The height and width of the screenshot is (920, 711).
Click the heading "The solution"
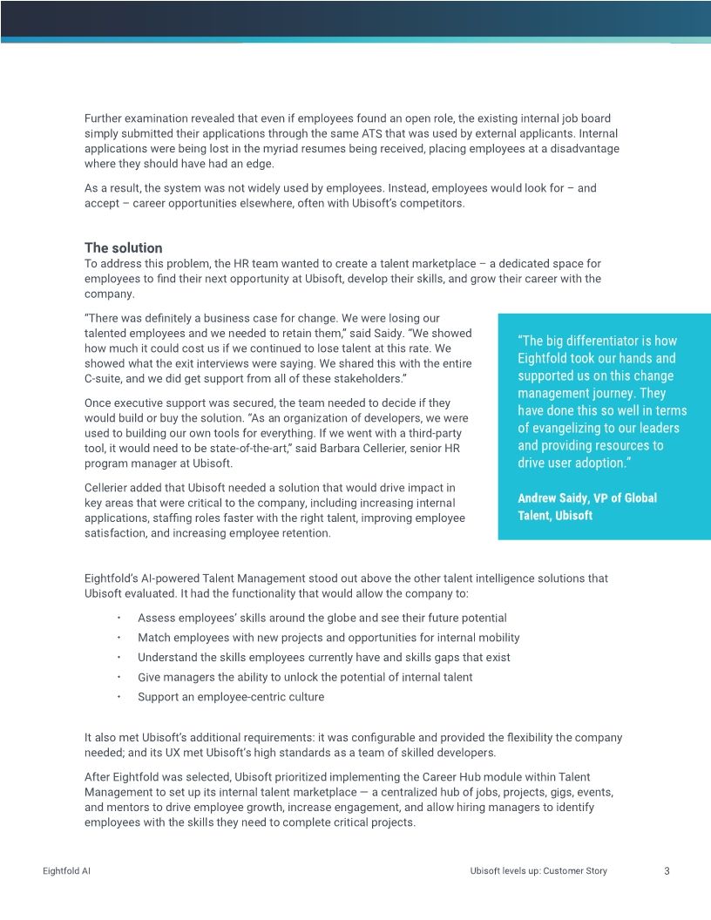coord(123,248)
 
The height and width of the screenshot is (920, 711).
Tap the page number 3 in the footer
coord(667,870)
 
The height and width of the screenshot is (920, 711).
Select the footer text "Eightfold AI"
coord(66,870)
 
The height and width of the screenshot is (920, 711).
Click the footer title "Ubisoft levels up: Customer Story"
coord(538,870)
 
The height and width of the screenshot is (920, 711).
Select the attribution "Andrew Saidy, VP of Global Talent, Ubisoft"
coord(586,506)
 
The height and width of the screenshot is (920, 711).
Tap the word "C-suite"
coord(106,380)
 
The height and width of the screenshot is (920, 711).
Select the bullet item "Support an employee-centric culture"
coord(230,697)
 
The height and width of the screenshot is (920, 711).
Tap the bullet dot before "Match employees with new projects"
coord(118,638)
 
